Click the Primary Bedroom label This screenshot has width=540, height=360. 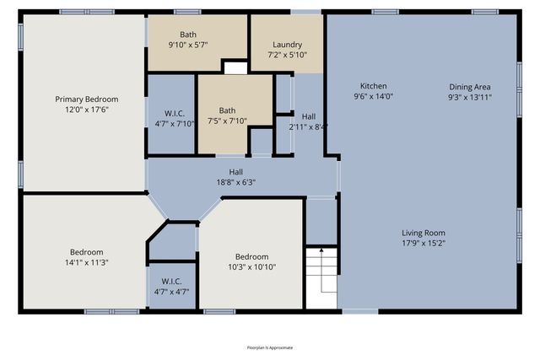pos(87,99)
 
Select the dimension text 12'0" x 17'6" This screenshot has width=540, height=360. pos(87,110)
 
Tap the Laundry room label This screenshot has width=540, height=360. pos(287,45)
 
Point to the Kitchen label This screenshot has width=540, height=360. pos(374,86)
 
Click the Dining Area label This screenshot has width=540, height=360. pos(470,86)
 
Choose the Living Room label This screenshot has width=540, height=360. pos(424,233)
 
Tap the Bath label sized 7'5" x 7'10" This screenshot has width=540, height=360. pos(228,110)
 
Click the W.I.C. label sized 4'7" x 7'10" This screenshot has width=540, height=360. pos(175,113)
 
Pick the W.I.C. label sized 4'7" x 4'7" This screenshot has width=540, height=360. pos(171,282)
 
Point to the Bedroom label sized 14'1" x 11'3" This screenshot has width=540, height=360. pos(87,252)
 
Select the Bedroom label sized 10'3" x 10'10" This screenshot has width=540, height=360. pos(251,256)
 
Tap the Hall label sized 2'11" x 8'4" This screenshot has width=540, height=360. pos(309,116)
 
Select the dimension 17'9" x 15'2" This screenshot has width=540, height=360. pos(424,243)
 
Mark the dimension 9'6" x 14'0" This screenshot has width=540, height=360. pos(374,96)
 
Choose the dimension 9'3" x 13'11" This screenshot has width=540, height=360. pos(470,96)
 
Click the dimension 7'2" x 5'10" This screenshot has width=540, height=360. pos(287,55)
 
